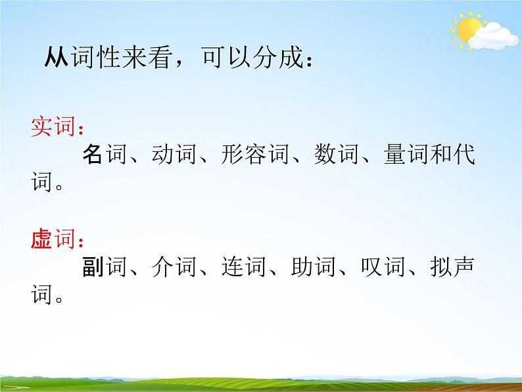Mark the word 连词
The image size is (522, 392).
pos(245,268)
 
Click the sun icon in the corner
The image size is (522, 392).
pos(468,29)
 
